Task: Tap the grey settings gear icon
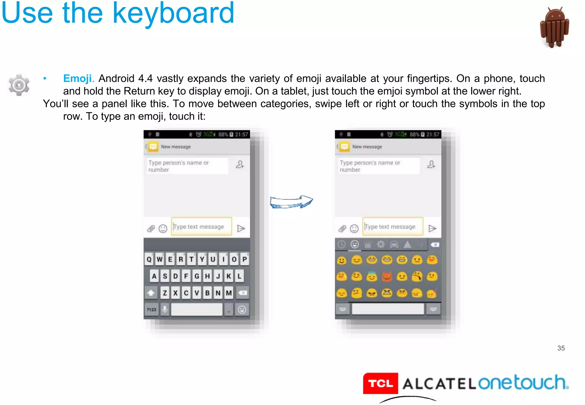point(19,85)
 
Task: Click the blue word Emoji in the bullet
point(77,78)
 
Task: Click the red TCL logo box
point(380,383)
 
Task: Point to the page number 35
point(561,348)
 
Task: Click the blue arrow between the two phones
point(291,202)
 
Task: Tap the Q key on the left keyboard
point(149,259)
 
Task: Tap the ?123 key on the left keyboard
point(152,310)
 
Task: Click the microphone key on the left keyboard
point(165,310)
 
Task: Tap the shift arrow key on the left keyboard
point(151,293)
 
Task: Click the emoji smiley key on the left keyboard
point(242,310)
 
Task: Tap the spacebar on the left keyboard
point(197,310)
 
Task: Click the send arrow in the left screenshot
point(241,228)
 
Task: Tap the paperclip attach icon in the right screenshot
point(342,228)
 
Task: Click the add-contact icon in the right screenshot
point(431,165)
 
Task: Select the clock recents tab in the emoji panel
point(342,244)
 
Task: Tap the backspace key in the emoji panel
point(435,244)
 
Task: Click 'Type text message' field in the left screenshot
point(201,226)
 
